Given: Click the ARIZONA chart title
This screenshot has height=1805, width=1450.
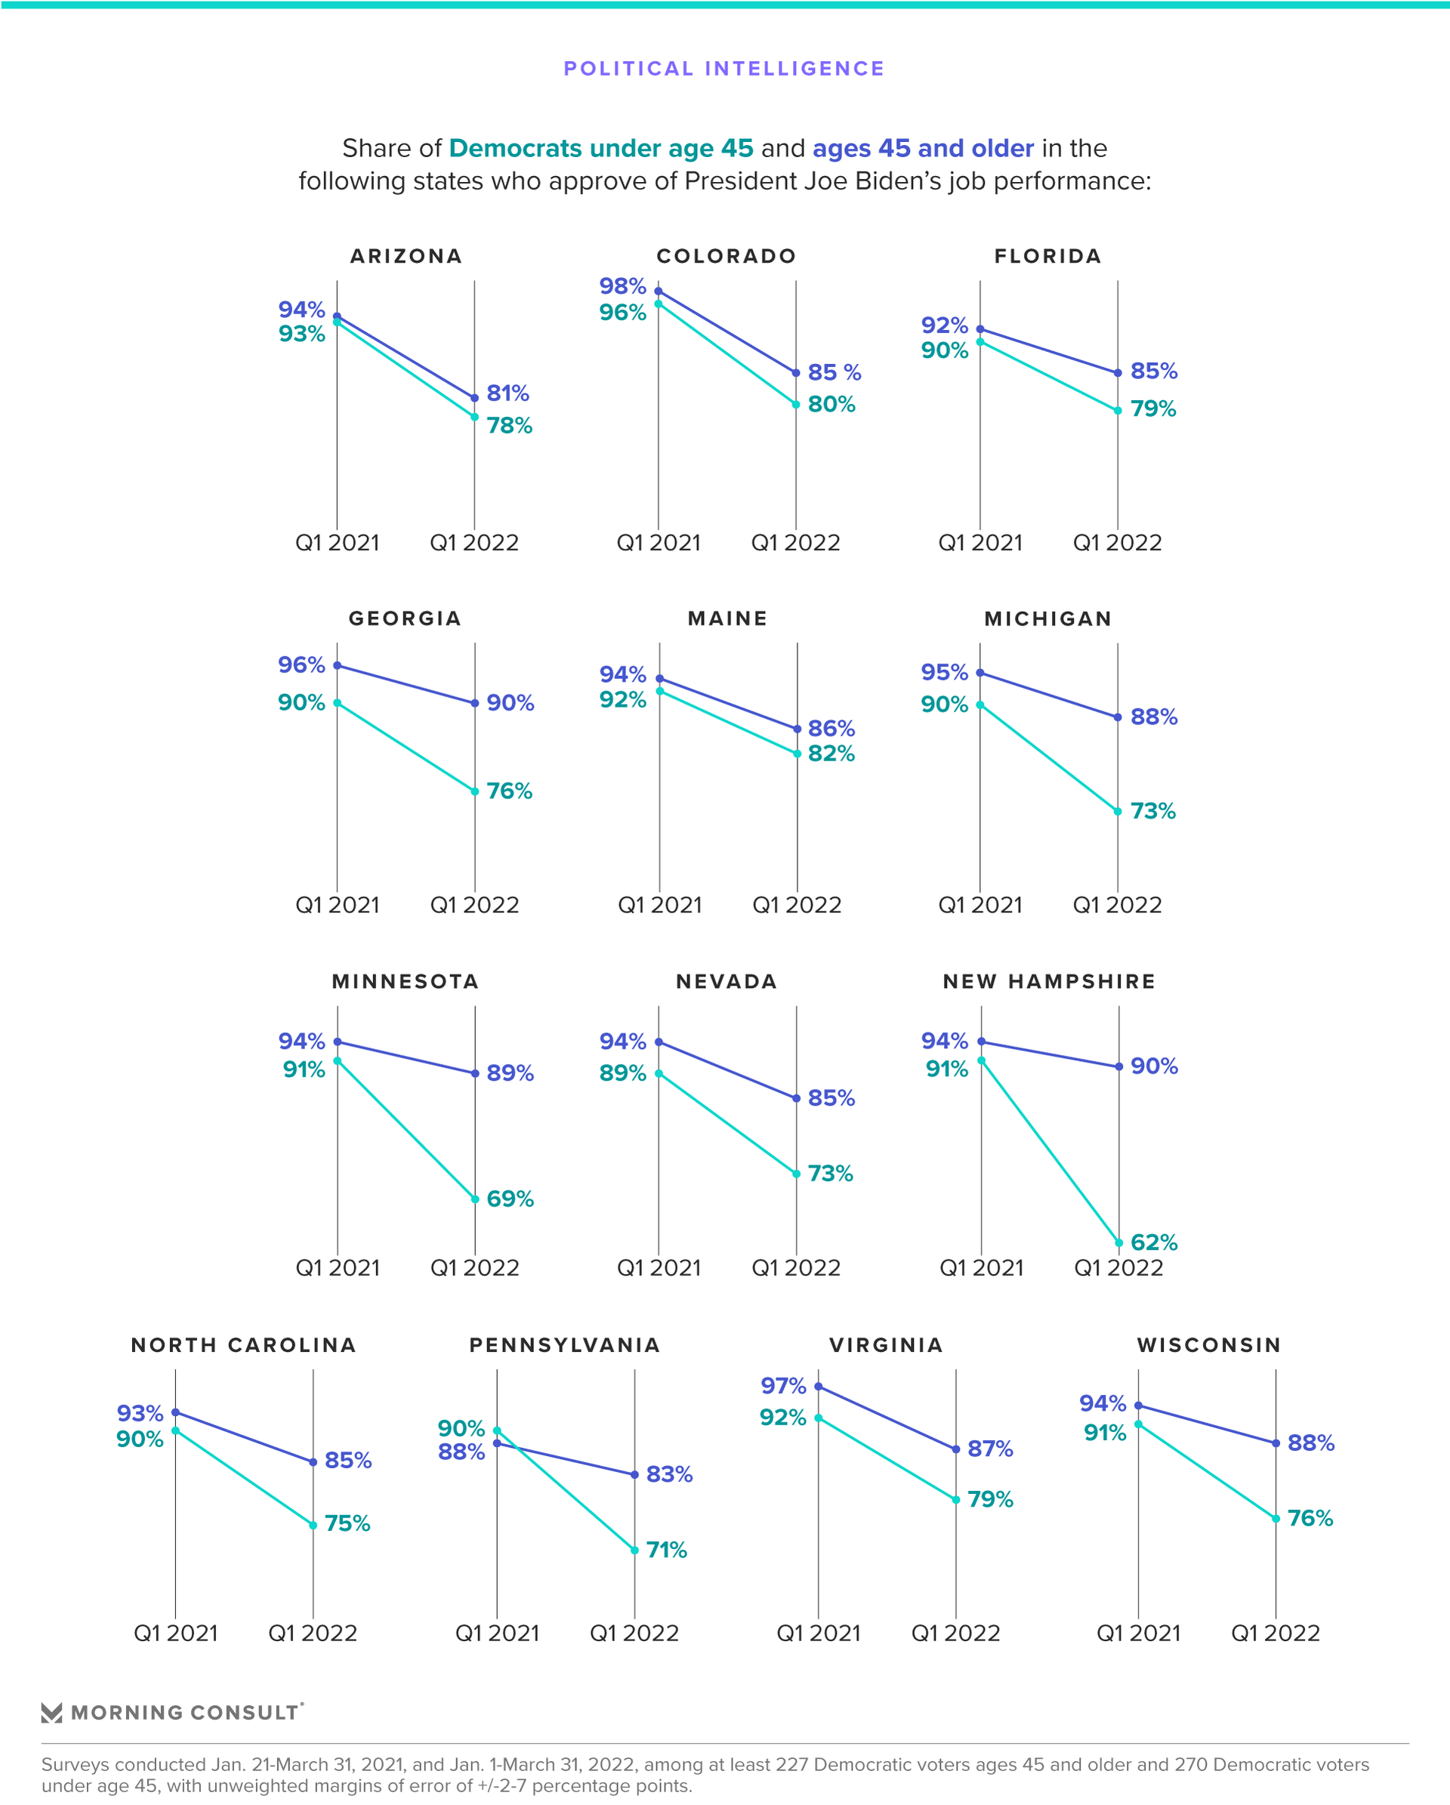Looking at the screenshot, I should (x=406, y=256).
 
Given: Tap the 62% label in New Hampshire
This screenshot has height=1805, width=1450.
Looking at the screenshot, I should (x=1154, y=1242).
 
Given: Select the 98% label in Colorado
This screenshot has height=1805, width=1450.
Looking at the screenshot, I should (x=622, y=286).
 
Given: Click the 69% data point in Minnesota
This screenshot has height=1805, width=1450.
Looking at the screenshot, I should (x=475, y=1199).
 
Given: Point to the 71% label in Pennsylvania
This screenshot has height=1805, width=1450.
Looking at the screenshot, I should (x=666, y=1550).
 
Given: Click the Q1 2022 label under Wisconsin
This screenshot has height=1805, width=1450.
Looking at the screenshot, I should (x=1274, y=1633).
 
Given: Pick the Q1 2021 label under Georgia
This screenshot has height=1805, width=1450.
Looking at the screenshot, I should (x=338, y=905).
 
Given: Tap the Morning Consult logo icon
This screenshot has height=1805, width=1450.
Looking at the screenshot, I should (x=52, y=1712).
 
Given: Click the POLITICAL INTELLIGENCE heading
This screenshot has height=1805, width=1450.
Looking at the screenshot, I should (x=724, y=69).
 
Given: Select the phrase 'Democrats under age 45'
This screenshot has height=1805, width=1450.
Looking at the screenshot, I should (x=601, y=148).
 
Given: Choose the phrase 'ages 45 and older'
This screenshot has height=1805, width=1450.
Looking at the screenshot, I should (x=923, y=148).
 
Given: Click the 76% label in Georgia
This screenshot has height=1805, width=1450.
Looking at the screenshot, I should (x=509, y=791).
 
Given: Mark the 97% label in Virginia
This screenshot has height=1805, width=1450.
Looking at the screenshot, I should (x=782, y=1386).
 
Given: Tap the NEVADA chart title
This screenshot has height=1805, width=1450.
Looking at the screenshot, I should (x=727, y=981).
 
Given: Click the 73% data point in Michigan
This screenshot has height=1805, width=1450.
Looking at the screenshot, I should (x=1117, y=811).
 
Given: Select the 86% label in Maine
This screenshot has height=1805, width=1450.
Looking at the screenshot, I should (x=831, y=728).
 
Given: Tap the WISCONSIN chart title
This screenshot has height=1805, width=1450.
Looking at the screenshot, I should (x=1208, y=1344).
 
